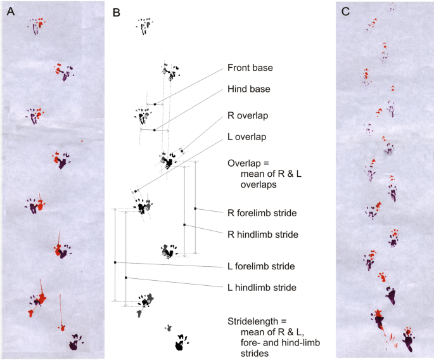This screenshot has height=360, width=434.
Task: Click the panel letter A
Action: coord(10,11)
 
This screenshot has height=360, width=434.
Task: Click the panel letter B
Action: coord(116,11)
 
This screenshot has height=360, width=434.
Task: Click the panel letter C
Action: coord(346,11)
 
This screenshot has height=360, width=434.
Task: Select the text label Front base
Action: coord(250,68)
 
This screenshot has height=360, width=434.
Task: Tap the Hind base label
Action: coord(249,89)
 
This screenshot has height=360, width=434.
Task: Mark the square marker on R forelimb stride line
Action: coord(196,208)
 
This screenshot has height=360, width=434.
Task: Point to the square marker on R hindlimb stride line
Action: coord(184,225)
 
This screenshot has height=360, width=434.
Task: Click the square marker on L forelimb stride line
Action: coord(115,262)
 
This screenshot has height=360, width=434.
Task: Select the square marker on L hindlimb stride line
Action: coord(126,278)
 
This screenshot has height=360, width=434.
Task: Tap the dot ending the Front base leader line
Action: coord(155,103)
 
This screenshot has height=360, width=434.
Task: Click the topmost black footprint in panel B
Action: coord(145,25)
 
